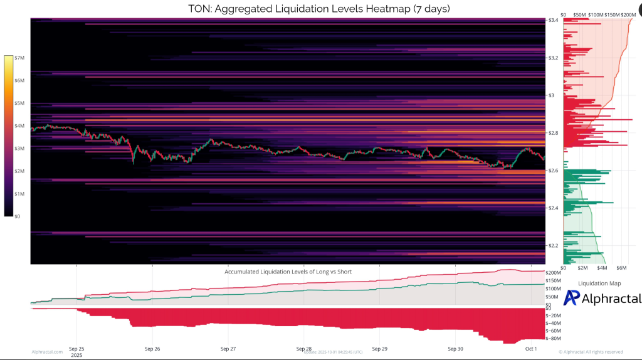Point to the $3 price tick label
[551, 95]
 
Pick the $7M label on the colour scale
[19, 58]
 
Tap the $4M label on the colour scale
[19, 126]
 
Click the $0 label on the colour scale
[18, 216]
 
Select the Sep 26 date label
[152, 348]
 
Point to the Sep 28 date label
[304, 348]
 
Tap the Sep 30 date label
[456, 348]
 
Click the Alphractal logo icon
[571, 298]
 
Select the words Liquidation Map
[599, 283]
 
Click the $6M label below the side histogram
[623, 267]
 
